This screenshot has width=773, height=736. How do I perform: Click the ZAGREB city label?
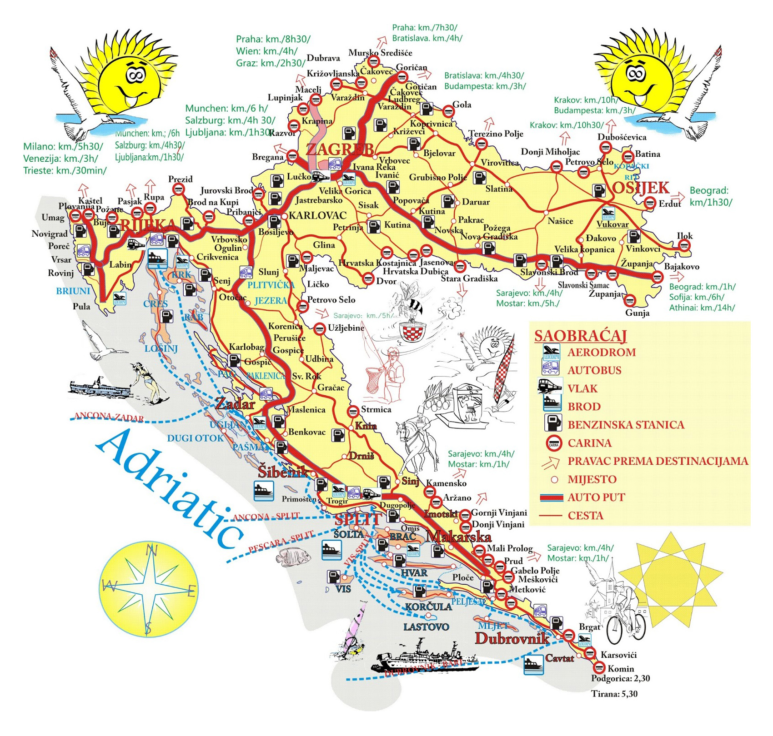coord(340,149)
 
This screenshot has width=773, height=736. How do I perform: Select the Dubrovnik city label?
coord(512,638)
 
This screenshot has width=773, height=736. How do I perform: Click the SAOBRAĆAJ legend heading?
coord(580,336)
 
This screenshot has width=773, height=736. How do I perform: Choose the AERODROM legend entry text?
coord(601,352)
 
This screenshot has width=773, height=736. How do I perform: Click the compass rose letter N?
coord(151,551)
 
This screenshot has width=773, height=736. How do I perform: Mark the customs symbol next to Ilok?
coord(684,246)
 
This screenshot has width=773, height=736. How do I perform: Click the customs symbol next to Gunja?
coord(630,301)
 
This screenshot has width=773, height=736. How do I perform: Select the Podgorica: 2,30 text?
coord(620,679)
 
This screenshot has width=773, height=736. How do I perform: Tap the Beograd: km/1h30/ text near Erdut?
coord(710,196)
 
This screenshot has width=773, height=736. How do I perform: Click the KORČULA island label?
coord(428,607)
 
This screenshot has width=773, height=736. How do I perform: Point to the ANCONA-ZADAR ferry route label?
coord(109,417)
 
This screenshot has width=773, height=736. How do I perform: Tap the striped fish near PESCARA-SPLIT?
coord(294,557)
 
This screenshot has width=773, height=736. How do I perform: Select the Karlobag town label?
coord(246,347)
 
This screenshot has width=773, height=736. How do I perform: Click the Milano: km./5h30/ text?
coord(63,147)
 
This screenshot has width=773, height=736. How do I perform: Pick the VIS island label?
coord(343,589)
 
